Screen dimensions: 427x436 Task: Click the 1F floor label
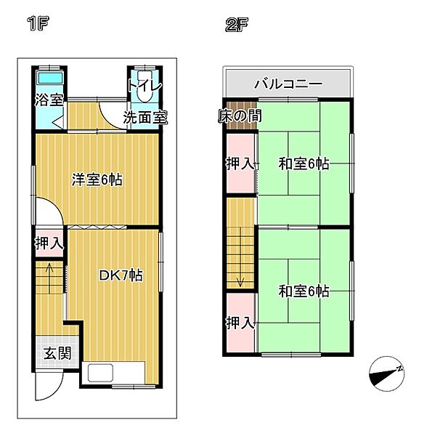point(38,24)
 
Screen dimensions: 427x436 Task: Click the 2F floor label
point(236,25)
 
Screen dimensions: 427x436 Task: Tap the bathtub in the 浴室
point(49,77)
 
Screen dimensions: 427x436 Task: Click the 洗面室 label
point(145,117)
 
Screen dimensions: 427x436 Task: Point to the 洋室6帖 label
point(97,179)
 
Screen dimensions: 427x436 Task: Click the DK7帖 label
point(121,275)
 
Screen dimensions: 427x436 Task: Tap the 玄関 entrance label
point(57,353)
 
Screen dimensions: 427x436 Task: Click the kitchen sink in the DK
point(100,373)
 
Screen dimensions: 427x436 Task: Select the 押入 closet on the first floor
point(49,243)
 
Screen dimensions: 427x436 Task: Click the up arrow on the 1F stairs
point(49,278)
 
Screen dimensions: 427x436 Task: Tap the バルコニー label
point(288,84)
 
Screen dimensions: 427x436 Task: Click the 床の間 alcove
point(241,116)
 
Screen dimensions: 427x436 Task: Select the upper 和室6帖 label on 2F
point(304,163)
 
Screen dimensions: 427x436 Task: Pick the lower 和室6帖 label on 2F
point(304,291)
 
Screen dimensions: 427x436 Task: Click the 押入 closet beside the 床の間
point(240,163)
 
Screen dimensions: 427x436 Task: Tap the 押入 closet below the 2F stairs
point(240,323)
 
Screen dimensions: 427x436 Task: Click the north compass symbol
point(386,374)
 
